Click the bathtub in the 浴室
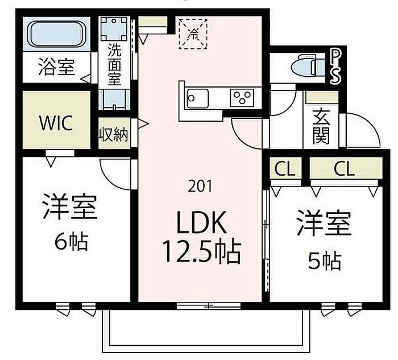tap(57, 34)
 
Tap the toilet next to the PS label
tap(308, 67)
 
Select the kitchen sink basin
tap(198, 98)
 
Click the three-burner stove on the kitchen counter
tap(242, 98)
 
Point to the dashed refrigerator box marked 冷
tap(193, 34)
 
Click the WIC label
tap(56, 123)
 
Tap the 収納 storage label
tap(113, 134)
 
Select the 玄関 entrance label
tap(321, 127)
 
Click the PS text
tap(335, 66)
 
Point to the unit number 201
tap(200, 187)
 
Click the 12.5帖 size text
tap(202, 251)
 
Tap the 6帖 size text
tap(72, 242)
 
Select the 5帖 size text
tap(325, 261)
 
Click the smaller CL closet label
tap(285, 168)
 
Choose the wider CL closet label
tap(344, 168)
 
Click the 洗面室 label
tap(115, 64)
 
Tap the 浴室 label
tap(57, 67)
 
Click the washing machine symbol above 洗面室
tap(114, 29)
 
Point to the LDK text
tap(201, 222)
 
